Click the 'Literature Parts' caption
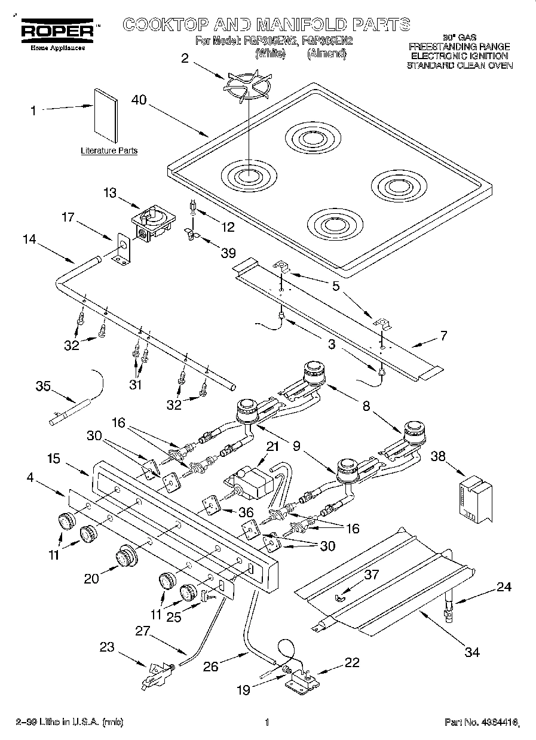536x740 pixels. point(109,151)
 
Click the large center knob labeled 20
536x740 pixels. point(125,556)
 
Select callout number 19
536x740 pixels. point(243,690)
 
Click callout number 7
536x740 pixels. point(443,335)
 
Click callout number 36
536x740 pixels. point(246,512)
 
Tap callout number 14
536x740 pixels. point(29,239)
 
